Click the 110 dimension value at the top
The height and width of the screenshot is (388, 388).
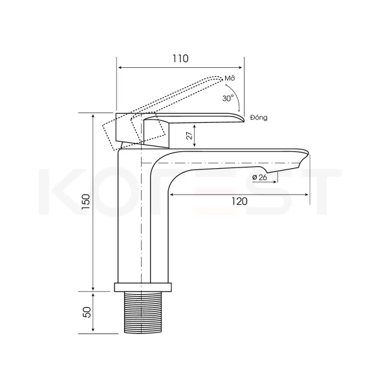180,58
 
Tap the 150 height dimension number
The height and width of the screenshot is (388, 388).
87,202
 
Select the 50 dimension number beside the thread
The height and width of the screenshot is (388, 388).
87,312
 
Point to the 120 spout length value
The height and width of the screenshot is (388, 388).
239,201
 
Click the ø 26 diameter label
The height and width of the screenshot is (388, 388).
260,177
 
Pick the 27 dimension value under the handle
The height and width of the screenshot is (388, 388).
189,136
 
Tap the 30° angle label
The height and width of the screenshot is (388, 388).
228,98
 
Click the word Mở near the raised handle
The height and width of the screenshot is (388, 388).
230,78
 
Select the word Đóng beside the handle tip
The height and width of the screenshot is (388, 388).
259,118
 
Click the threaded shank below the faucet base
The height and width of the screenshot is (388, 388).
144,312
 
